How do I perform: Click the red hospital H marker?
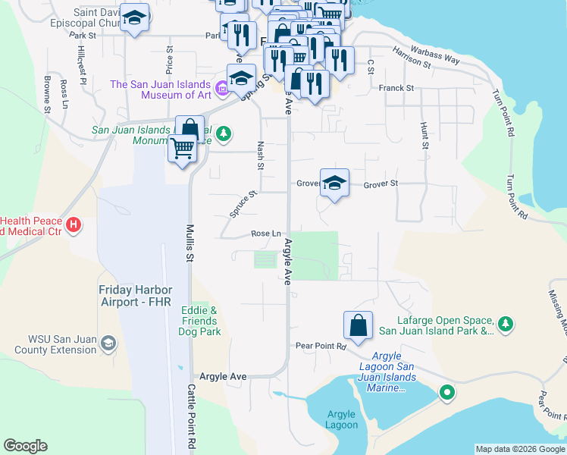point(74,224)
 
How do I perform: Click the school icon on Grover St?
point(334,183)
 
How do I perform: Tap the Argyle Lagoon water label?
point(343,419)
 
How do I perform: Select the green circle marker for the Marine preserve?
point(447,392)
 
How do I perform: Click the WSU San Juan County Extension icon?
point(108,344)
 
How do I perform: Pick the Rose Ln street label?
point(266,234)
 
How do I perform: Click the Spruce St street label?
point(244,203)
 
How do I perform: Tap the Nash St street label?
point(261,155)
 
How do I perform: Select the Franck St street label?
point(396,89)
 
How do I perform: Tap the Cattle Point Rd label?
point(192,417)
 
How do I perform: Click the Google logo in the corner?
point(25,446)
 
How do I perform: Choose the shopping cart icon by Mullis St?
point(183,149)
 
